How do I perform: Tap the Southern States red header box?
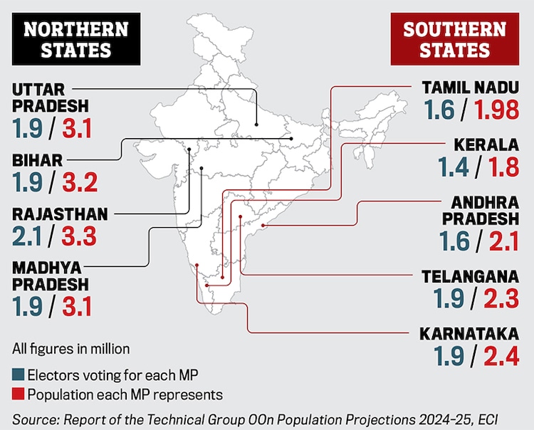tap(454, 40)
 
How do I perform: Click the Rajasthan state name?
tap(60, 214)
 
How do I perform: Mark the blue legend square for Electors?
tap(18, 374)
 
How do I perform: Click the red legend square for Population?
tap(18, 394)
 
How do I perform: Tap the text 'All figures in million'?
tap(70, 349)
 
